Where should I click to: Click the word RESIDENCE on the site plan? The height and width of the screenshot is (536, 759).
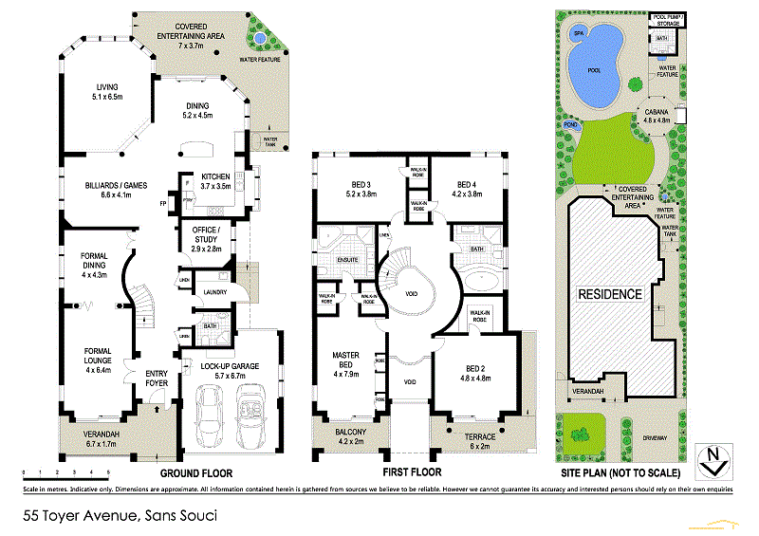tap(609, 293)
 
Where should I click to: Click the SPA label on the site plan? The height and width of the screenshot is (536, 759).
tap(578, 33)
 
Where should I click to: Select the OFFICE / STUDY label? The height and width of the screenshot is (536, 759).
tap(206, 235)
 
